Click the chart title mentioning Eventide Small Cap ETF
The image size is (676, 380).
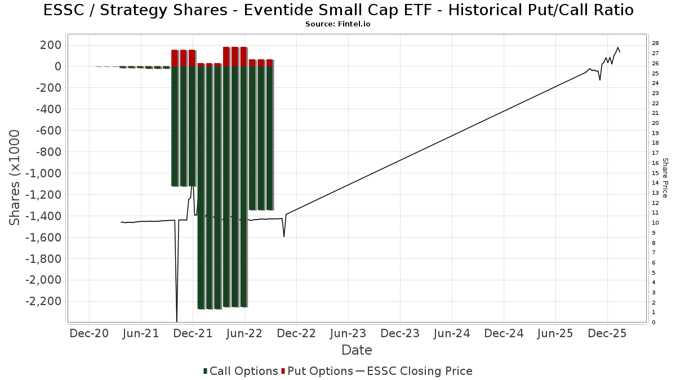[x=338, y=10]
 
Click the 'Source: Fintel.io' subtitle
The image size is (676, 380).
[x=338, y=24]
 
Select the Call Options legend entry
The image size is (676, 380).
[x=241, y=371]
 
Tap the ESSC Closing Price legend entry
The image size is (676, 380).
[x=413, y=371]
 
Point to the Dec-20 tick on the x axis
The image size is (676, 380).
[x=89, y=334]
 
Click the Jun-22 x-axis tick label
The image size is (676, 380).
[x=244, y=334]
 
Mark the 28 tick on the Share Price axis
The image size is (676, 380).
[x=655, y=43]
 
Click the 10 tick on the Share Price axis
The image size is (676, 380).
[x=655, y=223]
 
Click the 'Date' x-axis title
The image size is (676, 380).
[x=357, y=350]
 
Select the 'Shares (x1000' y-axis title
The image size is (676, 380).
[x=16, y=178]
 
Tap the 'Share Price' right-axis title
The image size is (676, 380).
[x=665, y=178]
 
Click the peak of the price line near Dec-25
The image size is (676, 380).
[x=618, y=47]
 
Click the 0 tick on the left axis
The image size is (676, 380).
[x=57, y=66]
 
